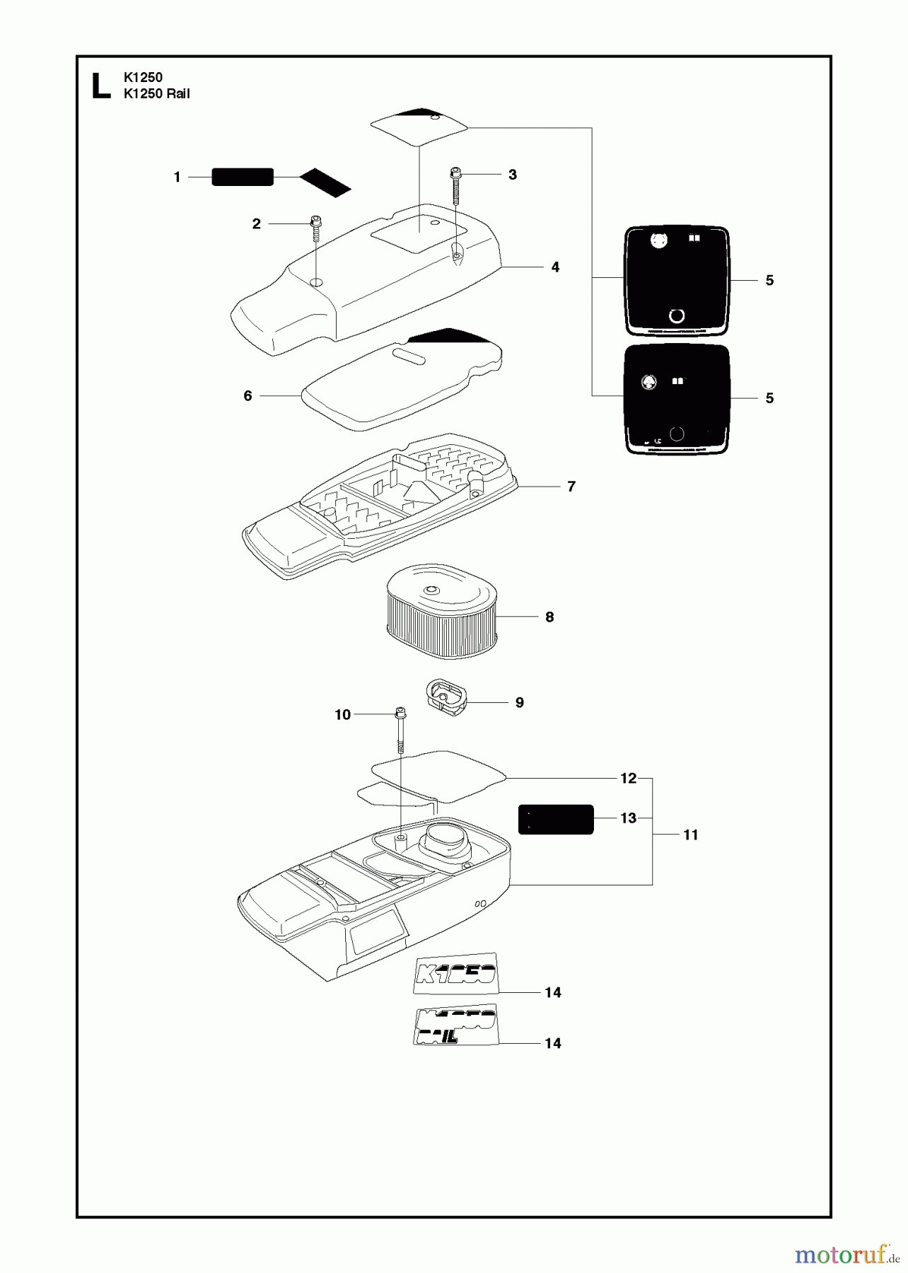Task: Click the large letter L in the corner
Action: (x=101, y=85)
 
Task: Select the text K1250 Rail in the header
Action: (x=156, y=93)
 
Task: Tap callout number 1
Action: (x=177, y=177)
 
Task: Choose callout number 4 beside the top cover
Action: (x=555, y=267)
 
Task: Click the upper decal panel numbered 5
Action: (x=677, y=281)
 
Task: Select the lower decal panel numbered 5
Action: (x=677, y=398)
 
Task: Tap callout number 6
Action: (x=248, y=395)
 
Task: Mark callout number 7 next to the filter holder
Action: (x=571, y=486)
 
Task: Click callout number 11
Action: (x=690, y=835)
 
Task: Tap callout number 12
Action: (x=628, y=778)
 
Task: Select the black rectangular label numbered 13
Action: (x=556, y=819)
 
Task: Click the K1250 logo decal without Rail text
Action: (x=456, y=974)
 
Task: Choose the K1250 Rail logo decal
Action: (x=456, y=1025)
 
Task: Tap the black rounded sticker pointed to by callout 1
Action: (x=243, y=177)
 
